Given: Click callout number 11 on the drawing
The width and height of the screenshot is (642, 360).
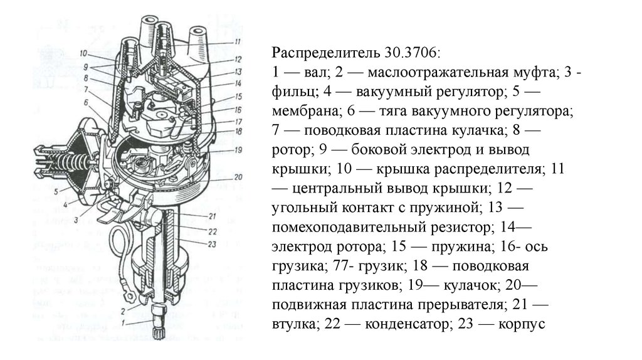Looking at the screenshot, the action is pos(238,42).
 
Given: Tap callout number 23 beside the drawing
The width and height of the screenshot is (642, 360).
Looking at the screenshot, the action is pos(212,245).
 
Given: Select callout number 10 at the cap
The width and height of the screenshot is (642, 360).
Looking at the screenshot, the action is pos(83,53).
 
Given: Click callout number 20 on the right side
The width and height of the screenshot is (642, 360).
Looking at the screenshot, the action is pos(238,177).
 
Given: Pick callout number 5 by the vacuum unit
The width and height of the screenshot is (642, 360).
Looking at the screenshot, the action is pos(56,191).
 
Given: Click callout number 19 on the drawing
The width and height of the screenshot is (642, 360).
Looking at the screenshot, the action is pos(238,150).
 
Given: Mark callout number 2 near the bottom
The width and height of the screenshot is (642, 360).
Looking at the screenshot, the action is pos(123,311).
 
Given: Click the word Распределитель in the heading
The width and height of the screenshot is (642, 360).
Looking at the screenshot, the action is pos(325,53).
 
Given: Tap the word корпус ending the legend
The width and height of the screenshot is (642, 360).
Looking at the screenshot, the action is pos(522,325).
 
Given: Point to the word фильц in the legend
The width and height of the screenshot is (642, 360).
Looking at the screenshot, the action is pos(295,92).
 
